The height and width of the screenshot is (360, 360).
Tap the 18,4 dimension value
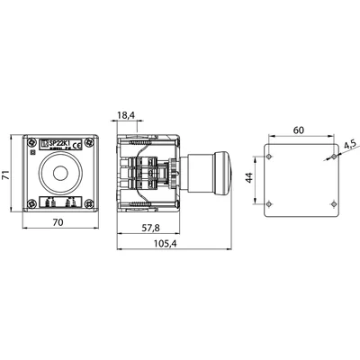[x=125, y=116]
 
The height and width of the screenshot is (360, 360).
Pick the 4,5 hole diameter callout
[x=349, y=141]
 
